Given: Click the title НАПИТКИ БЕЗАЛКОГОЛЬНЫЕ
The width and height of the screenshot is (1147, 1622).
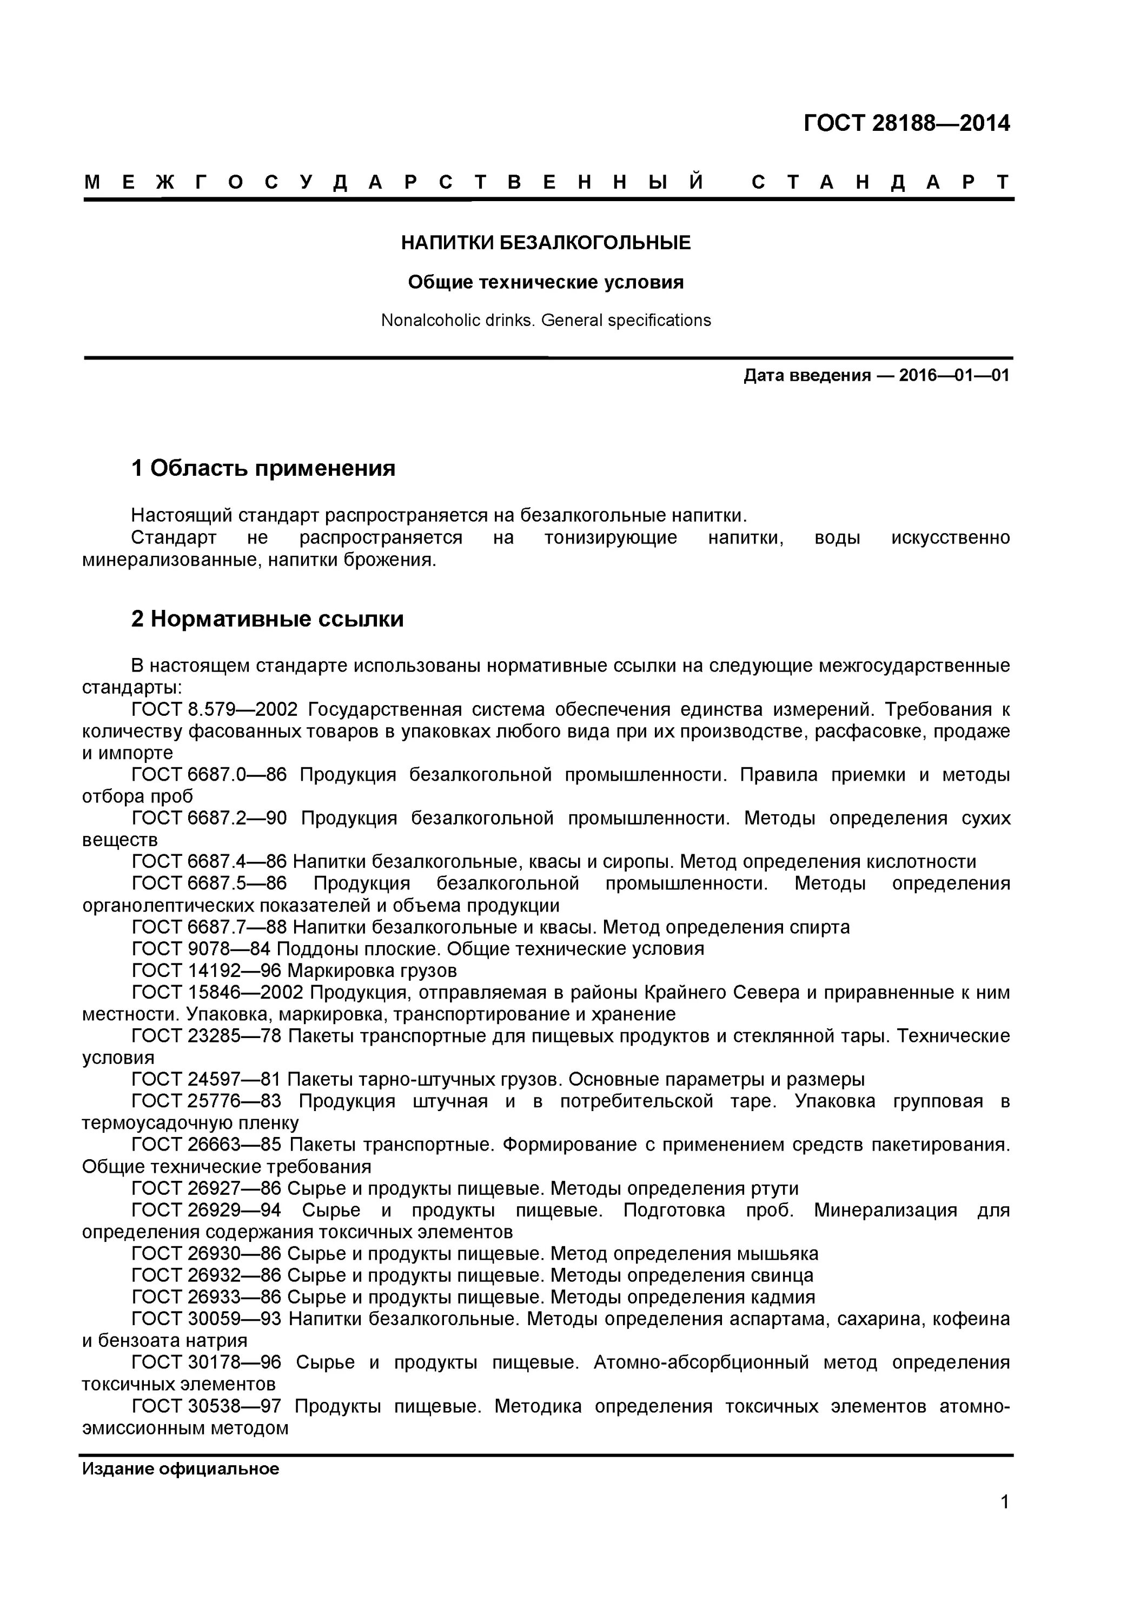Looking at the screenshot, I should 546,243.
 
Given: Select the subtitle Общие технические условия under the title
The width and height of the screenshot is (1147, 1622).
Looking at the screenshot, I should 546,283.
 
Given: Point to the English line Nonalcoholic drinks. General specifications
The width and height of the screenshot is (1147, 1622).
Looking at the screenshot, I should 546,321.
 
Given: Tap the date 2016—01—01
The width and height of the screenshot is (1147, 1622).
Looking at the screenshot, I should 953,376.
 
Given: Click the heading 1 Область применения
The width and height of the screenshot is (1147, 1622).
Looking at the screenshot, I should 263,468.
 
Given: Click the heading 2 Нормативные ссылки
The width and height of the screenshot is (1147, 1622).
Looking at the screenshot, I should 267,620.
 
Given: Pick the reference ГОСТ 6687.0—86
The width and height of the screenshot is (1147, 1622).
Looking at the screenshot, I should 209,775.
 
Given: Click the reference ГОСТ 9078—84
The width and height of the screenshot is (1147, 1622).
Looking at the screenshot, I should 201,949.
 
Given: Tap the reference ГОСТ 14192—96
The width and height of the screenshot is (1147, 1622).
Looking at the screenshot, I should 207,970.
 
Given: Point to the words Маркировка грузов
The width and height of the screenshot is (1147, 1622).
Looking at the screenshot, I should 372,970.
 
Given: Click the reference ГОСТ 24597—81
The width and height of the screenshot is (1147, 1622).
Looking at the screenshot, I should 207,1080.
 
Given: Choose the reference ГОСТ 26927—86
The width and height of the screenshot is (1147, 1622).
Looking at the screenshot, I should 207,1189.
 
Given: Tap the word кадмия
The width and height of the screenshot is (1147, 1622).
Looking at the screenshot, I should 781,1297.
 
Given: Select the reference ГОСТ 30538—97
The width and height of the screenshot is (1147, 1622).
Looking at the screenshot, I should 207,1406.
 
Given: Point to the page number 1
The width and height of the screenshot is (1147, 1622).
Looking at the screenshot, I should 1004,1521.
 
